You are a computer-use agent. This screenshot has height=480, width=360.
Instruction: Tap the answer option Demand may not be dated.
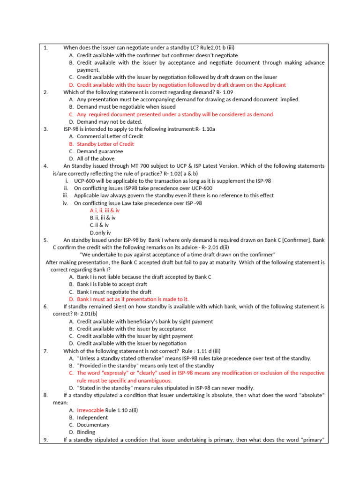pos(109,122)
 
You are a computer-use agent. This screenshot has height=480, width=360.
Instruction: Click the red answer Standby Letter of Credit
pos(105,144)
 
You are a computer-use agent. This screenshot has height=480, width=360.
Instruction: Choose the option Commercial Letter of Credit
pos(110,136)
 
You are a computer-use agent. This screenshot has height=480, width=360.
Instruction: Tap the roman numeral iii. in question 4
pos(66,195)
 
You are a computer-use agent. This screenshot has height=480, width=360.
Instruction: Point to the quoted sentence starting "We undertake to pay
pos(178,255)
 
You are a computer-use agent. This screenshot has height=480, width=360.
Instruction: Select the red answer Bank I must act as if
pos(133,299)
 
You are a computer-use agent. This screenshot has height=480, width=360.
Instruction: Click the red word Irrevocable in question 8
pos(90,410)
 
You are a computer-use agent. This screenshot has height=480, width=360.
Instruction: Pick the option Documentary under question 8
pos(93,425)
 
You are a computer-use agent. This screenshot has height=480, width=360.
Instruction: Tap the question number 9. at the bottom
pos(45,439)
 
